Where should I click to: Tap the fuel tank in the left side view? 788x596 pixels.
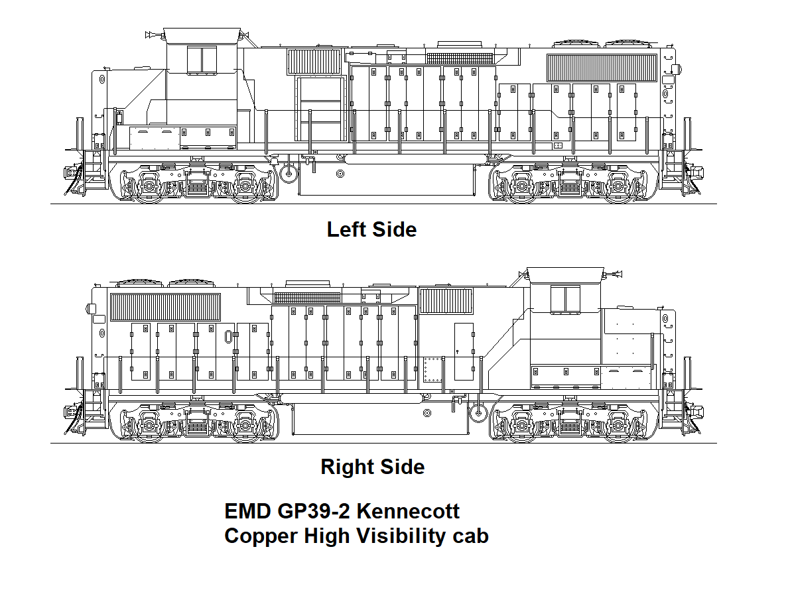[386, 180]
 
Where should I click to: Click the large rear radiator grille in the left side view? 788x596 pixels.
[601, 68]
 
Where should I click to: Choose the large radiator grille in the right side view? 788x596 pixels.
[165, 307]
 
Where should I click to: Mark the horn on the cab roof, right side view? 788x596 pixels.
[615, 272]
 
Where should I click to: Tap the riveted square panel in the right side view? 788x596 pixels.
[432, 369]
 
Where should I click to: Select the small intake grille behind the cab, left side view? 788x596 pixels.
[313, 61]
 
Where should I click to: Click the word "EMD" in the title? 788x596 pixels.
[247, 511]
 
